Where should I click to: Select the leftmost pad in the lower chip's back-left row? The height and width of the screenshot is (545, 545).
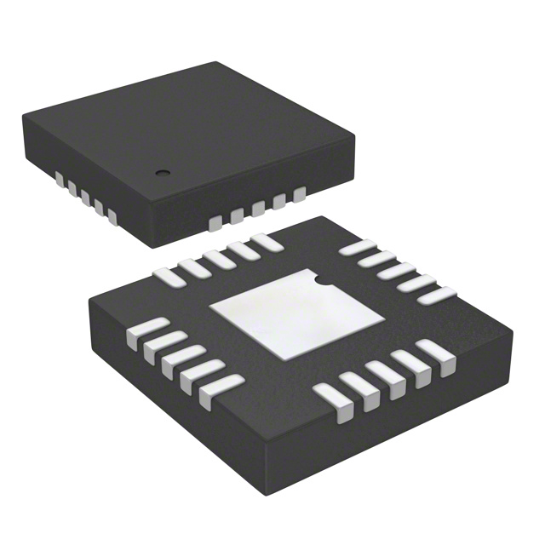[165, 272]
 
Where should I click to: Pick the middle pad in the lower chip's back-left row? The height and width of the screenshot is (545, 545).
[217, 257]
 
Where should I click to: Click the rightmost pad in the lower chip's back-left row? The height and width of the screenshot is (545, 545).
[267, 242]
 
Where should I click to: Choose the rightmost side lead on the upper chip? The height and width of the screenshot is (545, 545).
[299, 197]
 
